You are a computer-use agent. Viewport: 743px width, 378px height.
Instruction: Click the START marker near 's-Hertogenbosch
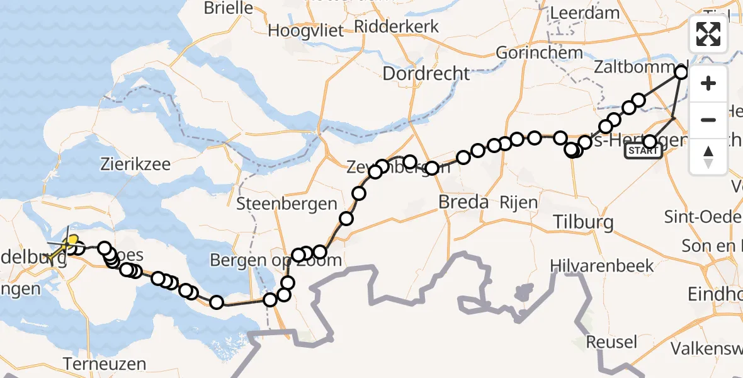coord(643,151)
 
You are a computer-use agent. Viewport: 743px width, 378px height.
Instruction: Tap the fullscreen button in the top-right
coord(708,34)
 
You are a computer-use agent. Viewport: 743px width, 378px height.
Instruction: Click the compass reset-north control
coord(708,157)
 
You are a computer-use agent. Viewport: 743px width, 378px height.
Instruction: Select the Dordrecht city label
coord(426,74)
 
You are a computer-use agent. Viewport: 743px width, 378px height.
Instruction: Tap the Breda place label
coord(464,202)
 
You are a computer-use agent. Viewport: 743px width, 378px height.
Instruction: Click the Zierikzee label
coord(135,164)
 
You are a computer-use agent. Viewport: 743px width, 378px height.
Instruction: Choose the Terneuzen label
coord(105,364)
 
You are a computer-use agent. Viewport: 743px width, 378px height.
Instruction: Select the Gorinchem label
coord(537,52)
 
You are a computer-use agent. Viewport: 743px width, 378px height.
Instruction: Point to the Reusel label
coord(611,342)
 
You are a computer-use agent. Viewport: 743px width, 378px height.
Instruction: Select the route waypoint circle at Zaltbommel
coord(682,72)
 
